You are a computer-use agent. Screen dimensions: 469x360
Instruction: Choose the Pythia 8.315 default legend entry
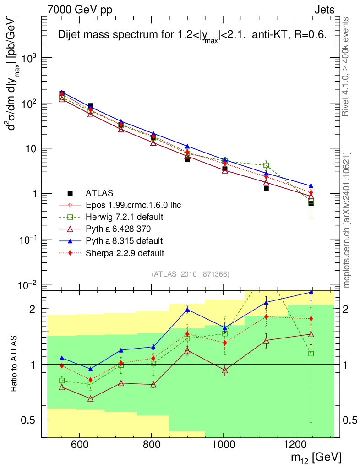[123, 240]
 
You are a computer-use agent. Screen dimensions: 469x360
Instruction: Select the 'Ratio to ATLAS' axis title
[15, 364]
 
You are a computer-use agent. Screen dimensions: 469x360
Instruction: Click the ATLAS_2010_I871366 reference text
[190, 274]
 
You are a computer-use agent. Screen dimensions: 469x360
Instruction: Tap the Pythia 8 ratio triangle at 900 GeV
[187, 310]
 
